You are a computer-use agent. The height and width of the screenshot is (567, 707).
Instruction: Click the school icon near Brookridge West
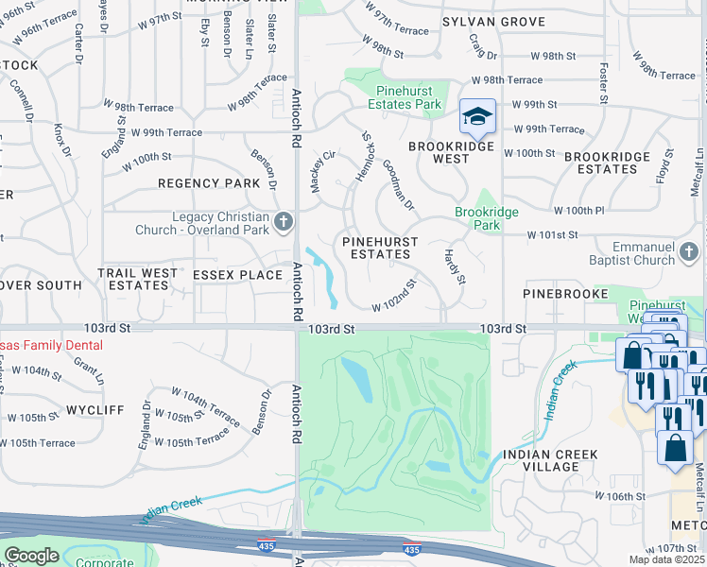pos(477,118)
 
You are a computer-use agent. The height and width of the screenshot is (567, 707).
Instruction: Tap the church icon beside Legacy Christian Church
pos(282,223)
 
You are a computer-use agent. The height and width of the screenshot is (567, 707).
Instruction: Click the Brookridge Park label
pos(487,219)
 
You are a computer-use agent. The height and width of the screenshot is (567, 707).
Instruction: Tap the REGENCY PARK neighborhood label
pos(209,183)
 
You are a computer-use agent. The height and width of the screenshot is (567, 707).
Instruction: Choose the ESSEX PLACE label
pos(237,275)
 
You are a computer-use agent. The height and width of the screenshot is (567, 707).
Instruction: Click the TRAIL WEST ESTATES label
pos(137,279)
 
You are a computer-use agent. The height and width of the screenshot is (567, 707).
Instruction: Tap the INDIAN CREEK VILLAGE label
pos(552,461)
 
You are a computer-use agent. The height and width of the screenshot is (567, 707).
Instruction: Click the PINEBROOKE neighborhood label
pos(562,295)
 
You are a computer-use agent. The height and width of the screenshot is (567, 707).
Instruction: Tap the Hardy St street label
pos(456,266)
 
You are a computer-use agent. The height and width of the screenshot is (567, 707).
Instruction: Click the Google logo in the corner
pos(32,556)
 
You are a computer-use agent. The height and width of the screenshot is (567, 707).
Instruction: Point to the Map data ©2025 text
pos(667,559)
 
